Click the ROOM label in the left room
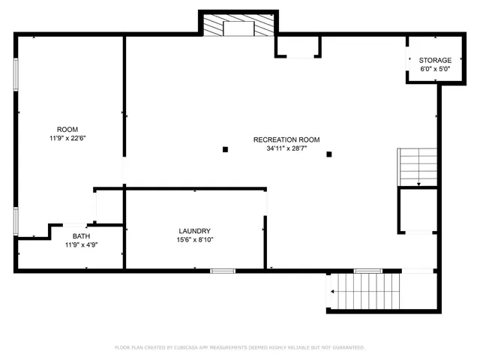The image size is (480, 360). click(x=67, y=129)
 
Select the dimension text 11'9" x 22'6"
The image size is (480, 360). click(x=67, y=138)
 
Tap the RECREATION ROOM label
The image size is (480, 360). click(x=286, y=139)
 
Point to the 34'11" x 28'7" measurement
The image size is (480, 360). click(x=286, y=148)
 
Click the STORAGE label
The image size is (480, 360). click(x=435, y=60)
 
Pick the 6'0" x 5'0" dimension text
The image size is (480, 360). click(x=435, y=69)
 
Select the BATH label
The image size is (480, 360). click(x=81, y=235)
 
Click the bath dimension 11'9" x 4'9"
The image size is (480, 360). click(x=81, y=244)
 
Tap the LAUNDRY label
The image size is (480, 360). click(x=194, y=231)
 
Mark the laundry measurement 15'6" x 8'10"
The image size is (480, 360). click(x=194, y=240)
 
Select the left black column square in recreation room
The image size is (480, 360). click(x=225, y=149)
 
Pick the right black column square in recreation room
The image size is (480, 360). click(x=328, y=154)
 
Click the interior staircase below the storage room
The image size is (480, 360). click(x=417, y=166)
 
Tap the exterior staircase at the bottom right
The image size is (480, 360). click(x=365, y=291)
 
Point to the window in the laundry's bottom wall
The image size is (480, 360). click(x=223, y=270)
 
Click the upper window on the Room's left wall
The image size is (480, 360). click(x=16, y=75)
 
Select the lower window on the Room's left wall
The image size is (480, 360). click(x=16, y=223)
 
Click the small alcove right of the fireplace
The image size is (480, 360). click(x=298, y=46)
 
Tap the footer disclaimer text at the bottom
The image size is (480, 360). click(x=239, y=347)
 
